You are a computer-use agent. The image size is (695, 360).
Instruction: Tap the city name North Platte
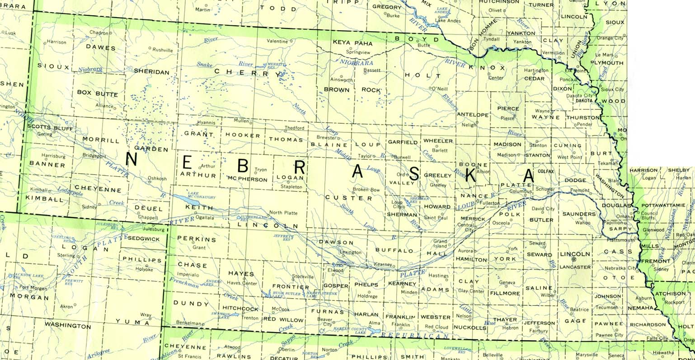tap(283, 212)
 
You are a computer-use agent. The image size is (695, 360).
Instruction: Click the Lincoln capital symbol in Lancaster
tap(574, 260)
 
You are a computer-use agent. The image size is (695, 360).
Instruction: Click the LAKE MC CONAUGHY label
tap(201, 196)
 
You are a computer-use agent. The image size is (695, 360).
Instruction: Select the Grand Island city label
tap(440, 244)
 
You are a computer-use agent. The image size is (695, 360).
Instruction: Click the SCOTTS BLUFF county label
tap(50, 127)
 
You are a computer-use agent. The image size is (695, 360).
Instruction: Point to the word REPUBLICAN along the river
tap(414, 336)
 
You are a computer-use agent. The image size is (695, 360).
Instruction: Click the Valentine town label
tap(277, 41)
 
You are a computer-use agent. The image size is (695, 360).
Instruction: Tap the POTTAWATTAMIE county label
tap(663, 205)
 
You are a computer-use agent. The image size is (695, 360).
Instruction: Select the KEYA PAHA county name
tap(352, 43)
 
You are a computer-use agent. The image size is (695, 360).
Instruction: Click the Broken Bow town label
tap(366, 190)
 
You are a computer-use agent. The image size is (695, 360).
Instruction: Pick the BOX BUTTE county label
tap(97, 94)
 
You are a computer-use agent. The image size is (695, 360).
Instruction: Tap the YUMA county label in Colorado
tap(132, 322)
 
